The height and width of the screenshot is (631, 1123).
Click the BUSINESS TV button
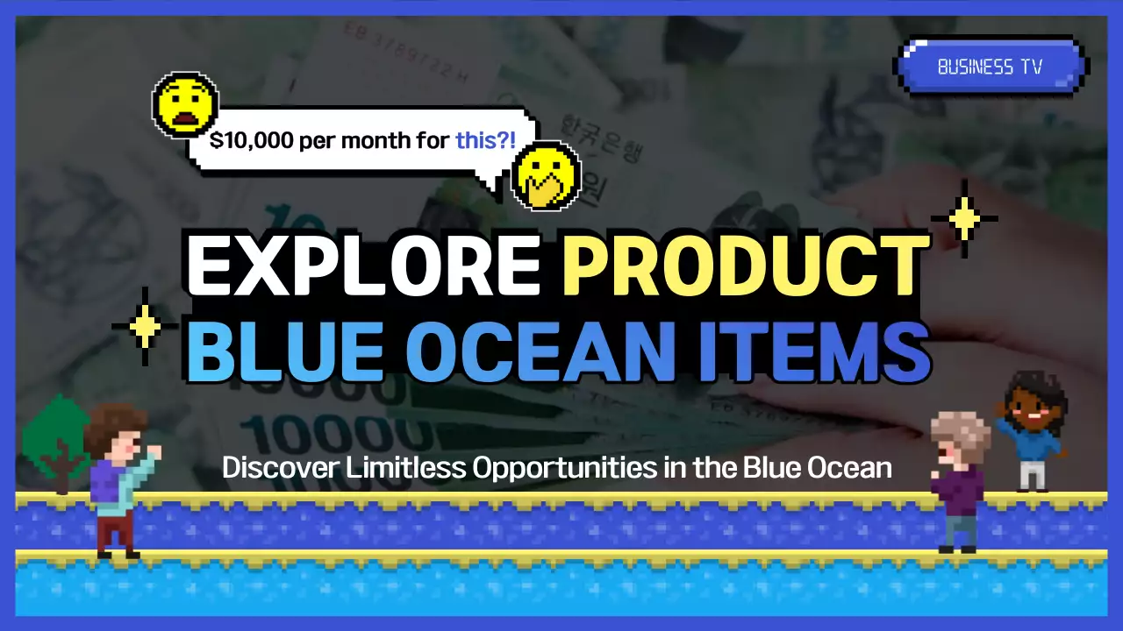click(991, 67)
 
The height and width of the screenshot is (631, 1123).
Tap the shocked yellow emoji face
click(184, 103)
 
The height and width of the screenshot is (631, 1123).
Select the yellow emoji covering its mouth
click(545, 175)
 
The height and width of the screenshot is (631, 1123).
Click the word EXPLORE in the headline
click(362, 264)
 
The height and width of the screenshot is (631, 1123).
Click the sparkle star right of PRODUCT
click(964, 218)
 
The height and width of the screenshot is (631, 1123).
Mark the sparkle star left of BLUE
click(145, 326)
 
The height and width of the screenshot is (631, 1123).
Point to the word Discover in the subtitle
click(280, 467)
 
